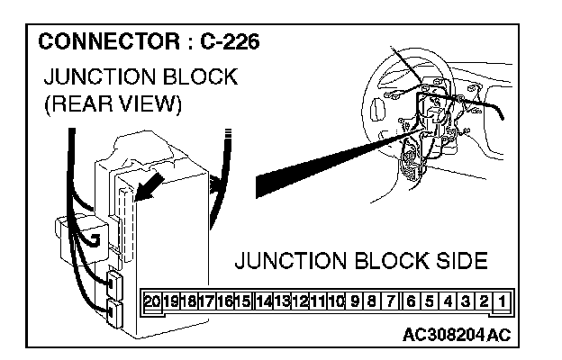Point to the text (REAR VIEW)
pyautogui.click(x=113, y=104)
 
